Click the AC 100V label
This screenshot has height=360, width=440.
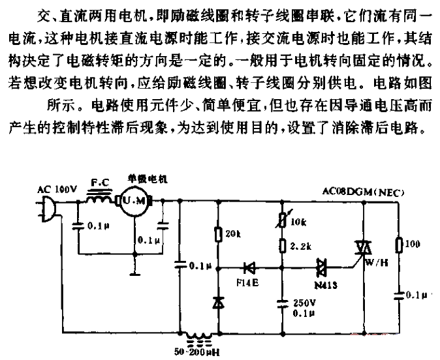[x=57, y=190]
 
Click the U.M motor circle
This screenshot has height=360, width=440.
[x=134, y=201]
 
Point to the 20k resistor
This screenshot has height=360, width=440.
[x=218, y=234]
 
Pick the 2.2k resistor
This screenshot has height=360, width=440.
[x=283, y=246]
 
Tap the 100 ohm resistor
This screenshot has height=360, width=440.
[x=398, y=245]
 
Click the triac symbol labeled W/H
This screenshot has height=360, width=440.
[x=363, y=248]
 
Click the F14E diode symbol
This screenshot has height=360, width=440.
[x=249, y=268]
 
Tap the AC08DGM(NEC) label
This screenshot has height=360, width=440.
[x=364, y=192]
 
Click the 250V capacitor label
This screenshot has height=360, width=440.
[x=304, y=303]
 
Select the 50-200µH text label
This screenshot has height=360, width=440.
[x=197, y=352]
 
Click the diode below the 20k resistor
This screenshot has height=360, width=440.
[x=218, y=303]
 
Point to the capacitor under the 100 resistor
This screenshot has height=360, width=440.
[x=398, y=295]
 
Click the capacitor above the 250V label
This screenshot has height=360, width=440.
[x=283, y=304]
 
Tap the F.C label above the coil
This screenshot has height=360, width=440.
[x=100, y=183]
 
